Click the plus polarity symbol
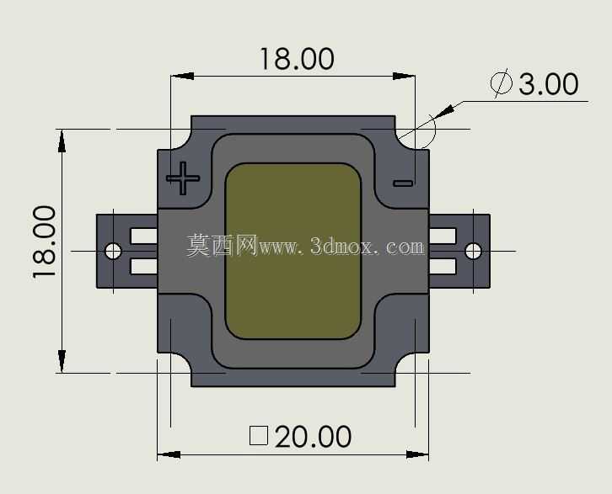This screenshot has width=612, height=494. tap(183, 178)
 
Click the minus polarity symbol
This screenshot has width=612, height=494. tap(403, 183)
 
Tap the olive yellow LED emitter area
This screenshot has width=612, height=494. tap(293, 251)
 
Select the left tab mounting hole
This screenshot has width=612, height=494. tap(113, 251)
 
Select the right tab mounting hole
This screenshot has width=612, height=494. tap(474, 251)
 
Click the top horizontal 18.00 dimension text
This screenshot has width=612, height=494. tap(297, 59)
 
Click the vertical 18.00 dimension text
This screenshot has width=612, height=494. tap(44, 242)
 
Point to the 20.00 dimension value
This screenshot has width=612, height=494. tap(313, 437)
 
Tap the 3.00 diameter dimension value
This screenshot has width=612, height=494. tap(549, 84)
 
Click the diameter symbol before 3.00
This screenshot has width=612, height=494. tap(502, 83)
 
